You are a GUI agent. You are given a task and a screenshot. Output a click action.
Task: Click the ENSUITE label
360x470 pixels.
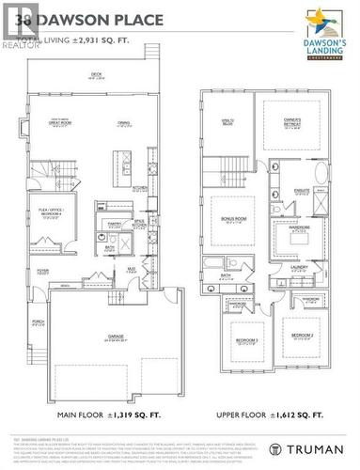click(303, 191)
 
